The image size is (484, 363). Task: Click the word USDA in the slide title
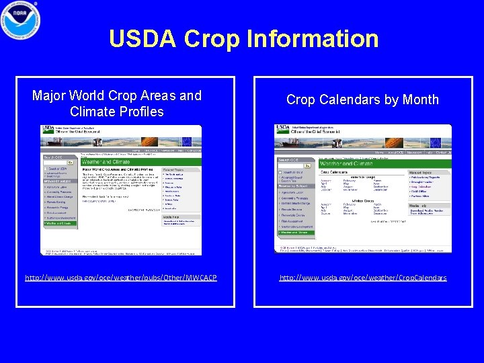pos(143,39)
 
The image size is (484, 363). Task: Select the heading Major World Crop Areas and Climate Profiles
pos(117,104)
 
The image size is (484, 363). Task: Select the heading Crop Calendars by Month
pos(362,99)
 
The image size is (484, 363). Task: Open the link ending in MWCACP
pos(121,278)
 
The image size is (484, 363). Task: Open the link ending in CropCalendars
pos(363,278)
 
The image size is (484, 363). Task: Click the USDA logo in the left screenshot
pos(49,128)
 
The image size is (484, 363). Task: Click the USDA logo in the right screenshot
pos(282,128)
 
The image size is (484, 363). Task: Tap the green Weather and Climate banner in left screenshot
pos(121,161)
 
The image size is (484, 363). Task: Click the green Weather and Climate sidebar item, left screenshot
pos(60,224)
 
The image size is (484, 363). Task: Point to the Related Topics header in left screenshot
pos(181,169)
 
